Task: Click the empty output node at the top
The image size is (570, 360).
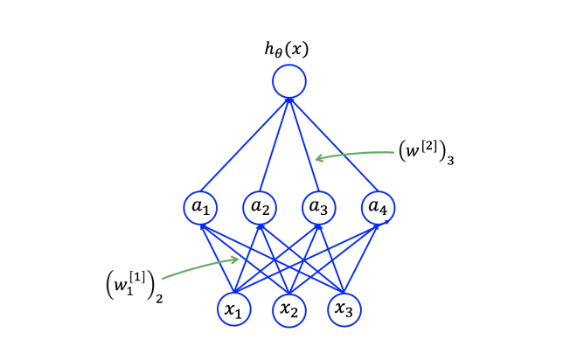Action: (x=288, y=82)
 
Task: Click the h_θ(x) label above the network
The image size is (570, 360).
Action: (x=288, y=50)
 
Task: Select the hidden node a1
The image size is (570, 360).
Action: (x=200, y=208)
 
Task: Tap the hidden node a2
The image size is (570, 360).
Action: (x=260, y=208)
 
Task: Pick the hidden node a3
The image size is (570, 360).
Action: (x=318, y=208)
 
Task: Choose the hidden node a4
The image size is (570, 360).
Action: (x=378, y=208)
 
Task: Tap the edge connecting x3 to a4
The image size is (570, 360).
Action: (x=361, y=258)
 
